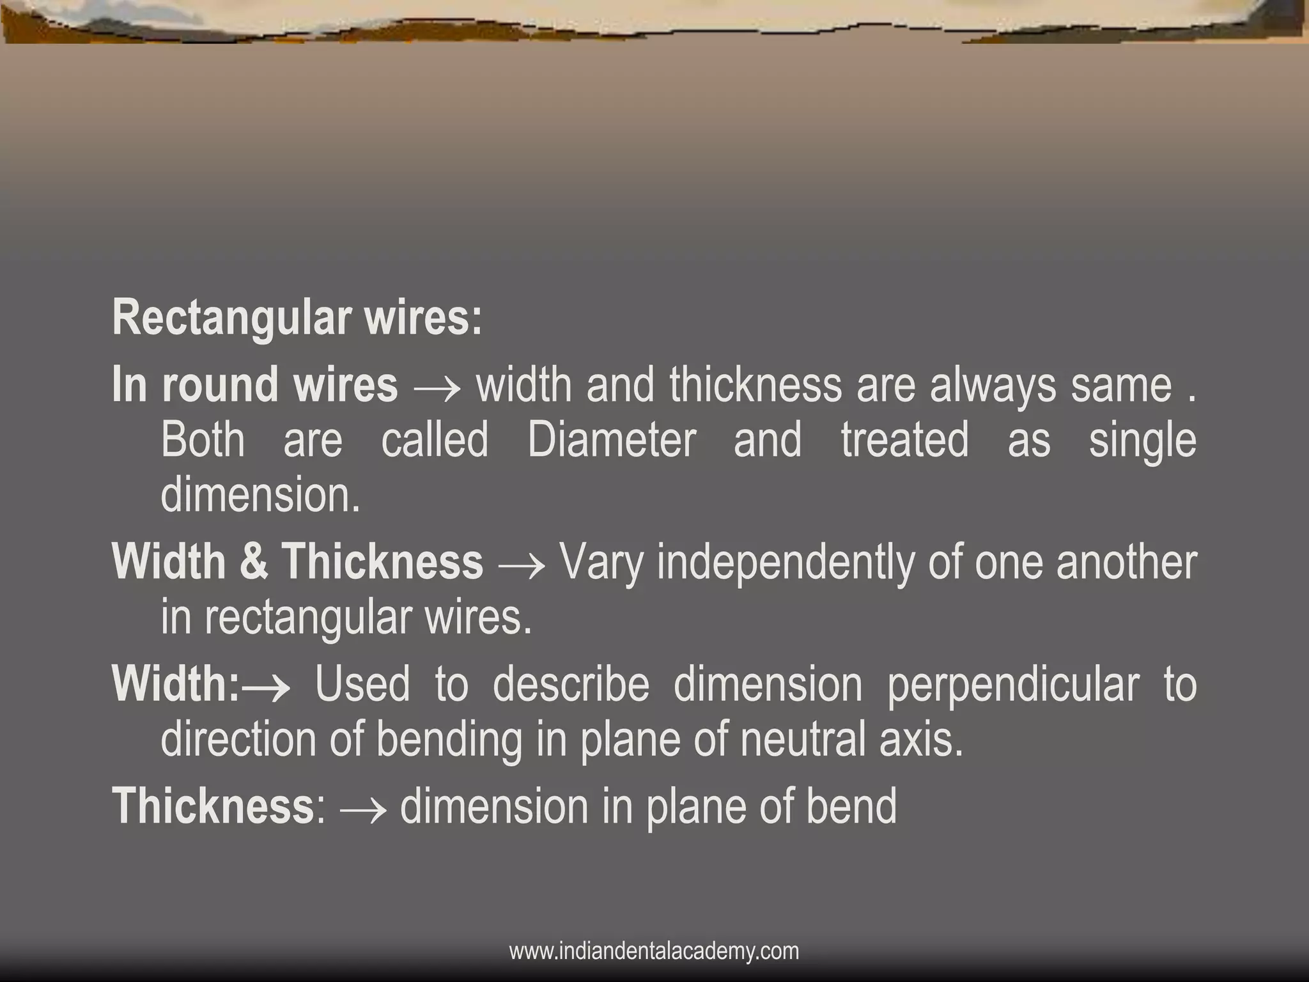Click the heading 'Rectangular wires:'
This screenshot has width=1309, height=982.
click(297, 317)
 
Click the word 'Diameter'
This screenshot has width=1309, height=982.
click(612, 440)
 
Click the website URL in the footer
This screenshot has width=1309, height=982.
click(654, 951)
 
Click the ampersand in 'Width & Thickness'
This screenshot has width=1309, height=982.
click(254, 563)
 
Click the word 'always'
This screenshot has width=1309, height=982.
click(993, 386)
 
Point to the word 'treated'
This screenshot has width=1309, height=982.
click(904, 440)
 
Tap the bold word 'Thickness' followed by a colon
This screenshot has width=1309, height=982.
click(213, 807)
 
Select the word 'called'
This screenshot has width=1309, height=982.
click(435, 440)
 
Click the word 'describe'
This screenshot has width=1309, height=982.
click(571, 685)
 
